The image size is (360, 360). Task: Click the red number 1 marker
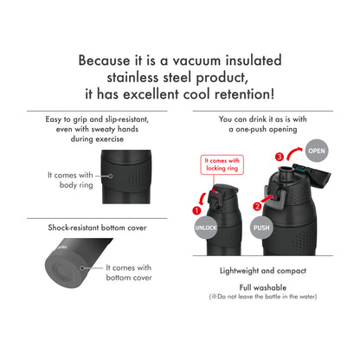(197, 209)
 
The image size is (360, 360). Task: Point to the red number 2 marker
(256, 206)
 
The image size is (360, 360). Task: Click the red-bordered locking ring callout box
(222, 164)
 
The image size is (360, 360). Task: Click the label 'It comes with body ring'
(71, 179)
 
